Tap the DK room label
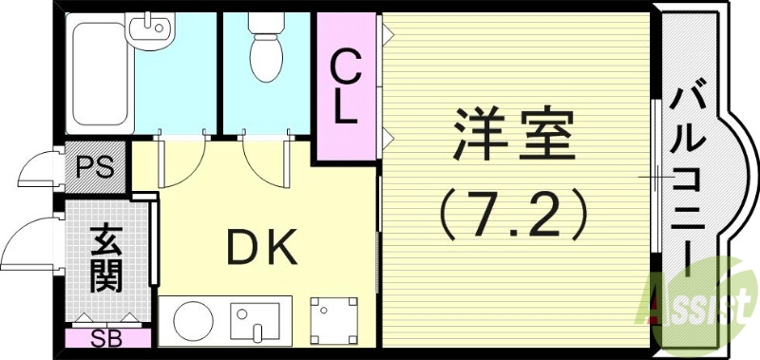point(262,248)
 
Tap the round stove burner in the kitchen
point(190,320)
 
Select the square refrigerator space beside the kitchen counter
point(335,320)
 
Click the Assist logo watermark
point(704,303)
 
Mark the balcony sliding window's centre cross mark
point(655,178)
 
